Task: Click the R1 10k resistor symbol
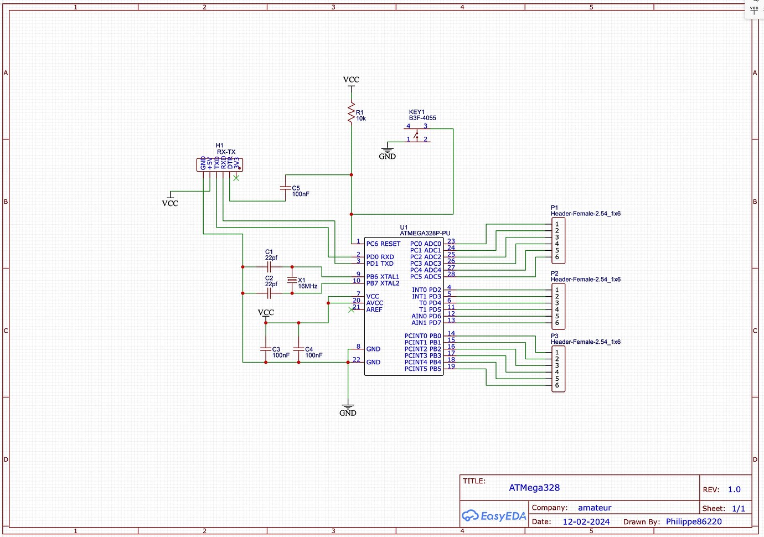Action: [351, 112]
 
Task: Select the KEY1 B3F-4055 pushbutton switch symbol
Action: [417, 133]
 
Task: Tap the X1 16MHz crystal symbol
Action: [292, 280]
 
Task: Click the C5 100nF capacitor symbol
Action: [286, 188]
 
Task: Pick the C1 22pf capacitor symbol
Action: [269, 267]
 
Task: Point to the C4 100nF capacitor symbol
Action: [298, 349]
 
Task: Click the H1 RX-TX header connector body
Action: [220, 164]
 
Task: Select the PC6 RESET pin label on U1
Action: [383, 244]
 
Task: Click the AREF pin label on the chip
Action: [374, 309]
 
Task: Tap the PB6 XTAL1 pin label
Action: [383, 277]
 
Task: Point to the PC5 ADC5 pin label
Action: [425, 277]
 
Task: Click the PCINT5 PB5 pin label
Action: [422, 369]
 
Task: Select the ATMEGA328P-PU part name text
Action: [425, 234]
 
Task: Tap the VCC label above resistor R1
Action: [351, 80]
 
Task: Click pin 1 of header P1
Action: [557, 224]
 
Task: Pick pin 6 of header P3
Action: [557, 385]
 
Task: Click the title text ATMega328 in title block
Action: [534, 488]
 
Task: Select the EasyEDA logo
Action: [494, 516]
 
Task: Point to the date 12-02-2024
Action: [586, 521]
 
